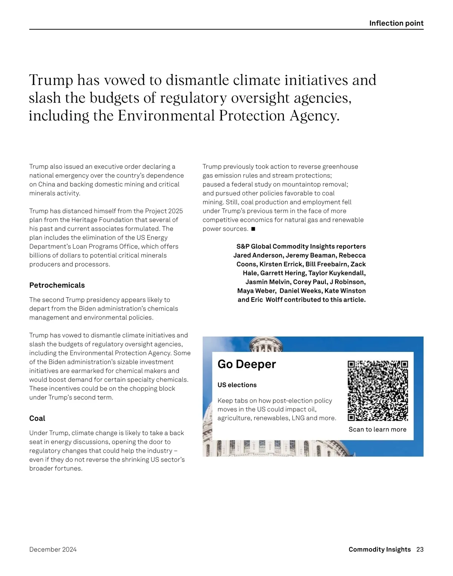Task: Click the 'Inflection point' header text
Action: [396, 23]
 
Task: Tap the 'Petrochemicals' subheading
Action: [57, 285]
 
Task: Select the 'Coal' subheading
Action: [37, 418]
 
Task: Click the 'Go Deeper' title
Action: [247, 364]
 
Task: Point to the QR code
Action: [377, 391]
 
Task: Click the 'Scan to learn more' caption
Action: [377, 429]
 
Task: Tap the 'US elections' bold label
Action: [237, 385]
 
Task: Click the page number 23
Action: [420, 549]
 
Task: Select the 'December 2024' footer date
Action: [53, 549]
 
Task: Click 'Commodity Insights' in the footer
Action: [379, 549]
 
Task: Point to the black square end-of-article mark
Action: [253, 229]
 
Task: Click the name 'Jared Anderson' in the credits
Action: [258, 255]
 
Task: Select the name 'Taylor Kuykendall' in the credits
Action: [337, 273]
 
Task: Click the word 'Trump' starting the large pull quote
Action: [51, 80]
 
